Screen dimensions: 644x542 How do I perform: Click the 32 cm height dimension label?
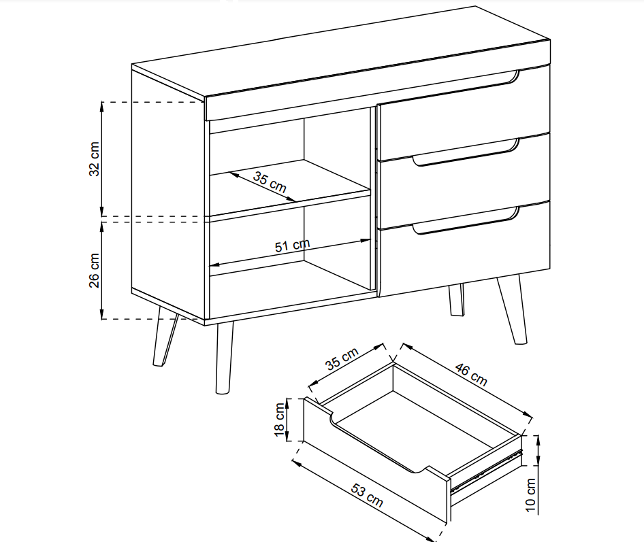(95, 158)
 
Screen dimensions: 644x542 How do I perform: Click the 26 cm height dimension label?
(95, 270)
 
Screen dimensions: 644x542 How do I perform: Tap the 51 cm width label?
(292, 245)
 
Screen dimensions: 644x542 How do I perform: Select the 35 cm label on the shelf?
(270, 182)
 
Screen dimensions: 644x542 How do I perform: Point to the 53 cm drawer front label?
(367, 495)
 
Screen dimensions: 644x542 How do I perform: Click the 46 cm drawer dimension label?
(471, 374)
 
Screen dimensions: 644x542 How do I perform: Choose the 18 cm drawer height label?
(279, 420)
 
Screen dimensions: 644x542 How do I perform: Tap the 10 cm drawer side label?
(530, 495)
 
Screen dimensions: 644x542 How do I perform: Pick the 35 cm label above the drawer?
(342, 358)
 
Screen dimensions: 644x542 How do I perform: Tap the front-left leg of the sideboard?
(224, 358)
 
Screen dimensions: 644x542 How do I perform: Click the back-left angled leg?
(164, 337)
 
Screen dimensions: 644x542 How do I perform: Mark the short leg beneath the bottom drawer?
(456, 299)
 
